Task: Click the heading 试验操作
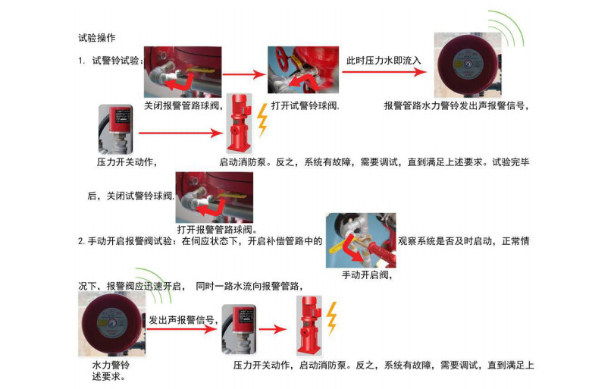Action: tap(97, 37)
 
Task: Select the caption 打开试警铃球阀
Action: tap(305, 105)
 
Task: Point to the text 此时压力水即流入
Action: tap(384, 60)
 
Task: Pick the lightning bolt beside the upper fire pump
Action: tap(263, 120)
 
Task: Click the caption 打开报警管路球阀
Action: tap(217, 229)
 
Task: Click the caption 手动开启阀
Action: tap(366, 274)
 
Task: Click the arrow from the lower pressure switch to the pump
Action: tap(271, 328)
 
